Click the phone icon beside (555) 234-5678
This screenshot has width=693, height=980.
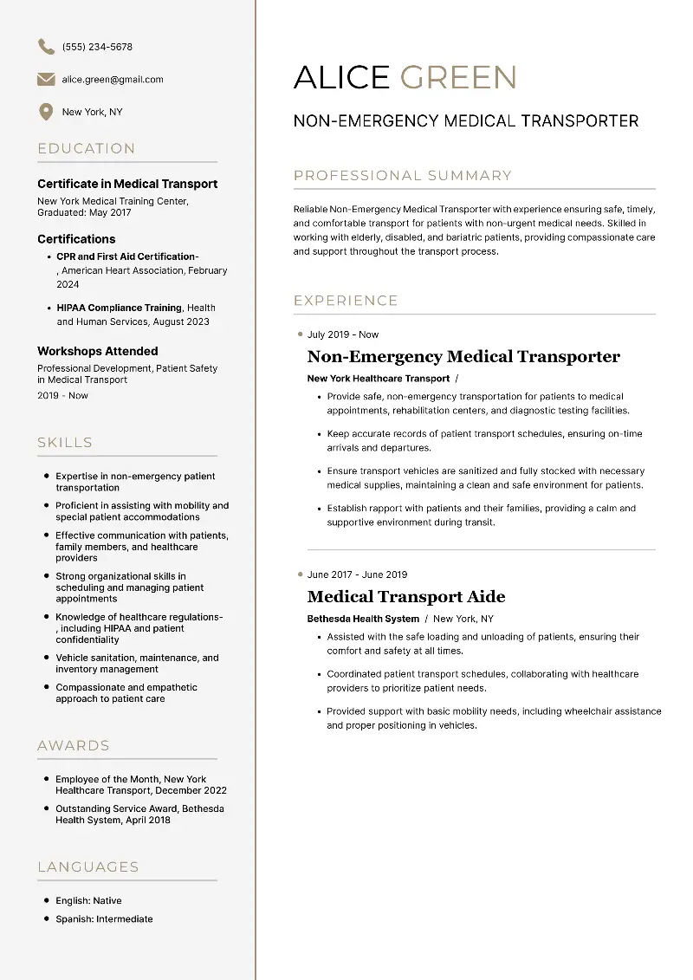[x=46, y=47]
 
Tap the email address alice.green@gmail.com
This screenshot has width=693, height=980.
[x=113, y=80]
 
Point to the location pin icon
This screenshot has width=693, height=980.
[x=46, y=113]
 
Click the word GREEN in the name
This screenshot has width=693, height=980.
[x=458, y=78]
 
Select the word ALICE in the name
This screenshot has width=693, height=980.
[x=343, y=78]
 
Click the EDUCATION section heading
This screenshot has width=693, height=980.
[x=87, y=149]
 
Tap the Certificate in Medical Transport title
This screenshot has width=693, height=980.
[x=127, y=184]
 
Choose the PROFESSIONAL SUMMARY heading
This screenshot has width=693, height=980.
[x=403, y=176]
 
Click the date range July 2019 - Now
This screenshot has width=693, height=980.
[x=343, y=334]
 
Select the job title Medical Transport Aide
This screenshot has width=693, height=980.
[x=406, y=597]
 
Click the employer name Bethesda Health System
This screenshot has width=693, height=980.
[x=363, y=619]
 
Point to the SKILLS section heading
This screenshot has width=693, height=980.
[x=65, y=443]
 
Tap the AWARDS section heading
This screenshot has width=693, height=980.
[x=74, y=746]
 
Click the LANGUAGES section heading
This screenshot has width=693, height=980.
[x=88, y=867]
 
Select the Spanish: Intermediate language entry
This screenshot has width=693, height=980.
[x=104, y=919]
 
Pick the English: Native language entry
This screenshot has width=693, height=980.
[x=88, y=901]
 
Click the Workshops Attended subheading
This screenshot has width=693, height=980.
[x=98, y=351]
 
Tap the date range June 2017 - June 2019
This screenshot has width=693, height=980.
[x=357, y=574]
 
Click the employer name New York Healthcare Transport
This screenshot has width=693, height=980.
[x=379, y=379]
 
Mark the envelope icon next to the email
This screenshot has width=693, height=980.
[x=46, y=80]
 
